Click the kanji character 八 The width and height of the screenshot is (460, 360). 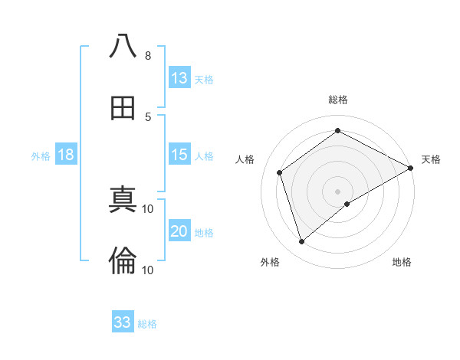123,47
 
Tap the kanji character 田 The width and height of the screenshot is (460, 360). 123,108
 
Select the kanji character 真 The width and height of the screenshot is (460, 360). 123,201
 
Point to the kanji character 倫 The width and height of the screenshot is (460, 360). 123,261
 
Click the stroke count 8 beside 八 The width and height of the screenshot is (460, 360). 148,56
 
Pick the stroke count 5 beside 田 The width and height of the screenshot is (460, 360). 148,116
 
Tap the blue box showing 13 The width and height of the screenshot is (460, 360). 179,78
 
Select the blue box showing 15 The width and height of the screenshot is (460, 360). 179,155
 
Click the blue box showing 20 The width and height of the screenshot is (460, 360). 179,231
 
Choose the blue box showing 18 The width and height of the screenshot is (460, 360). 66,155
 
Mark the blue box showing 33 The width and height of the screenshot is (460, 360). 123,322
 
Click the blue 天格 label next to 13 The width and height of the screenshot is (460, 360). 204,80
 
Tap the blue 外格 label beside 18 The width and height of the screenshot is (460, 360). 41,156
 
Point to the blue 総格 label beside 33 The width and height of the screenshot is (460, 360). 147,324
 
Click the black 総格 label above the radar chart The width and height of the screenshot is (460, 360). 338,100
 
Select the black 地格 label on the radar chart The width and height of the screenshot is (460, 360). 402,262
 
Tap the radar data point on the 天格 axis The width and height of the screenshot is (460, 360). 412,168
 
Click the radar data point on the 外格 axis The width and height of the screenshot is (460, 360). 301,242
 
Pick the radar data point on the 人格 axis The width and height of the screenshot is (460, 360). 280,172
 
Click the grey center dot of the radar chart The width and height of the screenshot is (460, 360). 338,191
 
